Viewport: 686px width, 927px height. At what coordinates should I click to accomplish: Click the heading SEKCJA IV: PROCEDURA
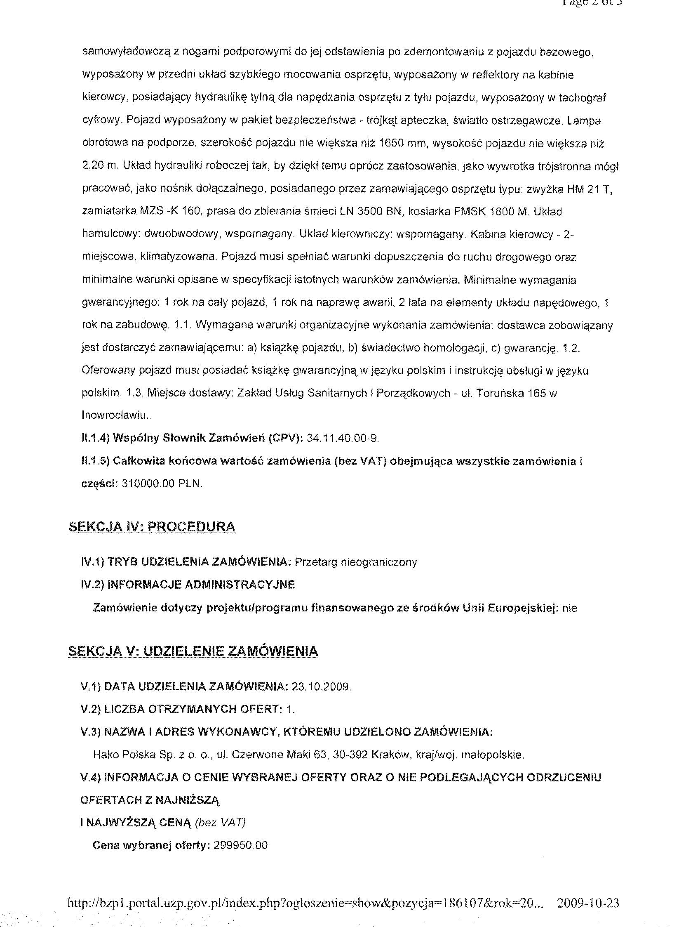[152, 527]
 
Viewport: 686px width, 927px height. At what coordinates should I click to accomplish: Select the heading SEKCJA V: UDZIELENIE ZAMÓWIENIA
[193, 651]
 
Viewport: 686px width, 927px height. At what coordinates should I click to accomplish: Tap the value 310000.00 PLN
[162, 484]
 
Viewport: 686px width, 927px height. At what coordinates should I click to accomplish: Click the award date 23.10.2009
[321, 686]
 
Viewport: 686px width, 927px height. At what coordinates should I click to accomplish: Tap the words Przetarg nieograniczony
[355, 562]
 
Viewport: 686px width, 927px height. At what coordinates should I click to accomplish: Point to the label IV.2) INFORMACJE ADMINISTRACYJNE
[188, 585]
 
